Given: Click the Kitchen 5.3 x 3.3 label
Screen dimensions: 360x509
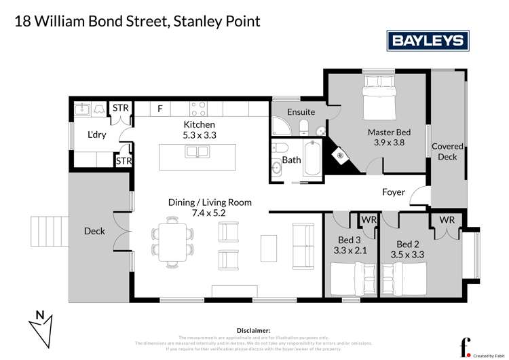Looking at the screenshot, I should coord(199,130).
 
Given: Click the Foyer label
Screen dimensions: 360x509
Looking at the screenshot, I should coord(394,192).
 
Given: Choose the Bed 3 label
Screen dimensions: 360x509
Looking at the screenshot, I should coord(350,245).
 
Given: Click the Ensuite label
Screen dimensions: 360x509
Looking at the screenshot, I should coord(301,111).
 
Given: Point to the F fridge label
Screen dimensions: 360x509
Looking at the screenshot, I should coord(160,108).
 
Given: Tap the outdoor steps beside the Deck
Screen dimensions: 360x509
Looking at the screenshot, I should coord(48,230).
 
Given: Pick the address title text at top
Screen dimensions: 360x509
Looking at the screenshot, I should coord(138,22).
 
